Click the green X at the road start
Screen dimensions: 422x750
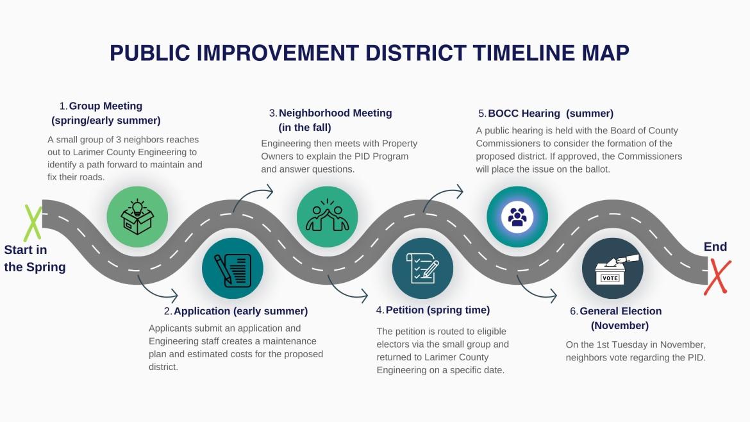(33, 222)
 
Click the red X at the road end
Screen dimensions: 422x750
(717, 276)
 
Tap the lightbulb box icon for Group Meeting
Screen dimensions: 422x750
(137, 216)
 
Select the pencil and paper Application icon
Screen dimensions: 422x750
(232, 269)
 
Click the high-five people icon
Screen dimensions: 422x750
(327, 216)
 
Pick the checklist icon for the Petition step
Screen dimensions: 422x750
(422, 269)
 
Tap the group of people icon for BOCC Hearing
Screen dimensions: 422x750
(517, 216)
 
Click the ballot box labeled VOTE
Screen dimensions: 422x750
(612, 269)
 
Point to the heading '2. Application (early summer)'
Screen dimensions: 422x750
(236, 311)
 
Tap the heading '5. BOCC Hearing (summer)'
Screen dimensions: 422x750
(546, 113)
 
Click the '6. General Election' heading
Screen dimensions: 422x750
(615, 311)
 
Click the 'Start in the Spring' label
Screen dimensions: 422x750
(35, 258)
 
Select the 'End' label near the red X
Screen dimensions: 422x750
(715, 247)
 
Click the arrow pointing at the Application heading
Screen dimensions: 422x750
(158, 289)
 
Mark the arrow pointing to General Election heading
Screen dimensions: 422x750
(537, 289)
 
